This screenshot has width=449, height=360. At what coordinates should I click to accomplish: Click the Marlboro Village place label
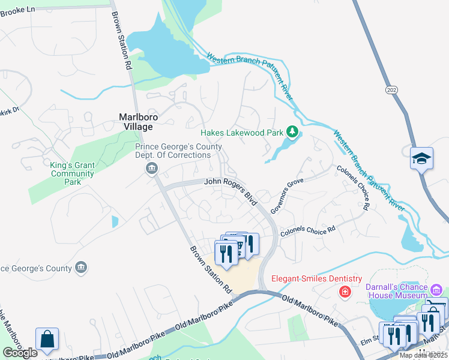(x=135, y=122)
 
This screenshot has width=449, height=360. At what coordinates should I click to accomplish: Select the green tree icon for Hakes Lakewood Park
(x=292, y=131)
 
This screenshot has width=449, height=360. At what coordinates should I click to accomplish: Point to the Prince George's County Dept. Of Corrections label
(x=178, y=151)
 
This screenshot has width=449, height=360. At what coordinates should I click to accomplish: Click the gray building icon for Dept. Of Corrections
(x=151, y=168)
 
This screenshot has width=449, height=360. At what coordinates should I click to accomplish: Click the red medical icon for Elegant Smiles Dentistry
(x=345, y=292)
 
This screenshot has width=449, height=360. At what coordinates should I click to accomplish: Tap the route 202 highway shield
(x=390, y=88)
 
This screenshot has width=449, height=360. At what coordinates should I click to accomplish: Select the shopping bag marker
(x=47, y=339)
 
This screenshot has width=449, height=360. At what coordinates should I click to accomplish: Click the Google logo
(x=20, y=353)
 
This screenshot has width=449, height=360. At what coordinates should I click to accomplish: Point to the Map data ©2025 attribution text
(x=423, y=355)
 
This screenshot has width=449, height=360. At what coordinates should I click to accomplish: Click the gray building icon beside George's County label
(x=80, y=268)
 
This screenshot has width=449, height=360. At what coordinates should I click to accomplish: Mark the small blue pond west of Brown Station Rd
(x=115, y=221)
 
